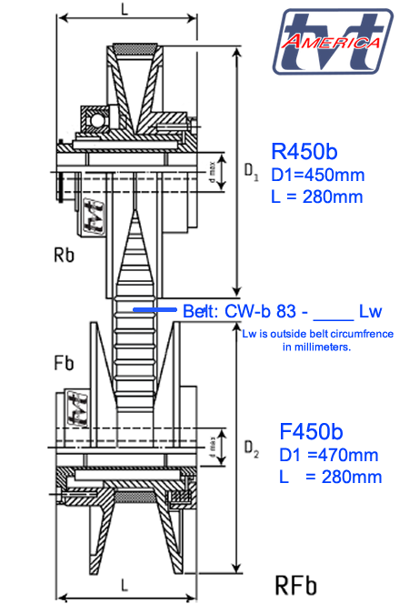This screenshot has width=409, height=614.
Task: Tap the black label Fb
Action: coord(65,363)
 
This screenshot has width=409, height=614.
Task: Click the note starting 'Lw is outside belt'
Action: coord(317,340)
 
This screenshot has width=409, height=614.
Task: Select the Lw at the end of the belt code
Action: coord(371,311)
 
